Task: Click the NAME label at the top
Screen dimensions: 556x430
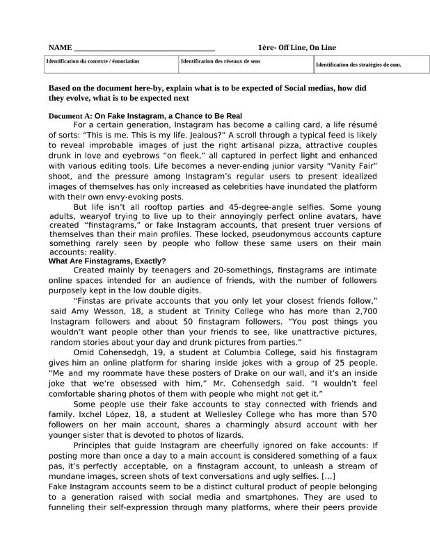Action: [x=60, y=47]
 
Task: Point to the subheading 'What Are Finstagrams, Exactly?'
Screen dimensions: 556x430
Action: [x=106, y=261]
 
